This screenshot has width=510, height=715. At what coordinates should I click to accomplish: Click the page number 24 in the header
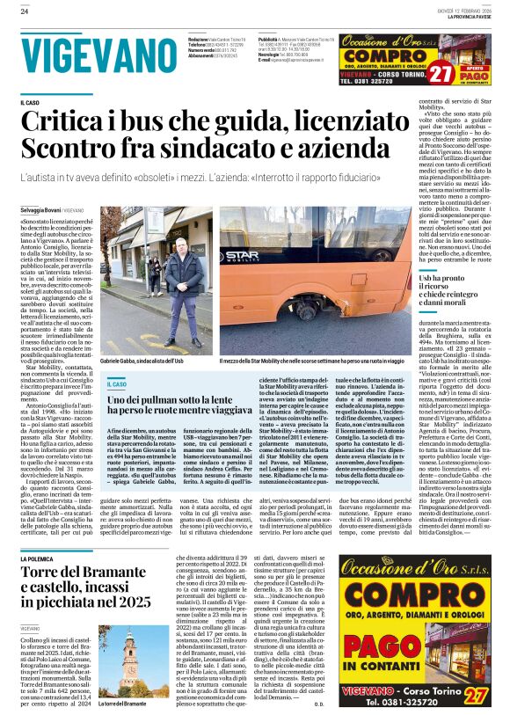(x=24, y=11)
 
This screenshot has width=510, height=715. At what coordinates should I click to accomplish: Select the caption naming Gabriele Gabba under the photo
(x=142, y=361)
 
